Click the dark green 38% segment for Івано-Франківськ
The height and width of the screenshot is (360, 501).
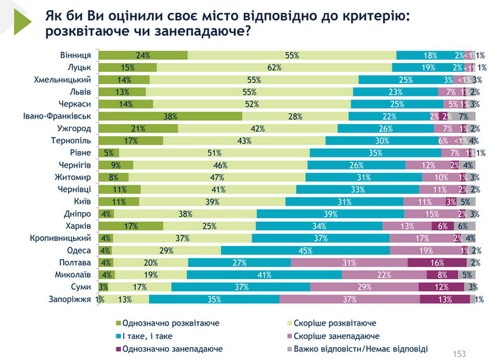point(170,116)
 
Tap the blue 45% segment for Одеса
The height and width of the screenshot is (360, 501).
point(306,250)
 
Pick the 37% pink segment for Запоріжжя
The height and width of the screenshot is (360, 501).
point(349,299)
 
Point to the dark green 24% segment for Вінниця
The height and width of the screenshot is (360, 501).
point(143,55)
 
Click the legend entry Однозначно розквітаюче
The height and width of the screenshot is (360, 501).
point(168,323)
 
